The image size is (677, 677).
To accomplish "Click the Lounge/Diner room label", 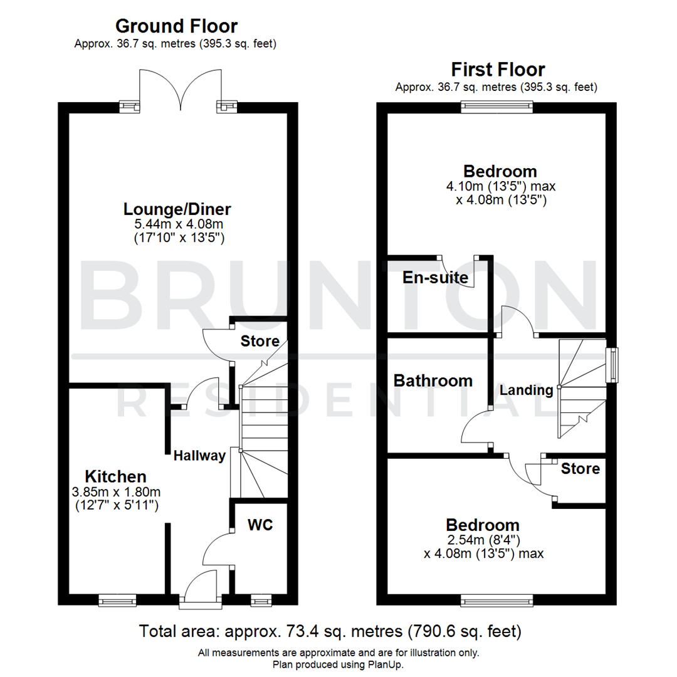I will click(x=178, y=209).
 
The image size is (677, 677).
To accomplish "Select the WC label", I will click(x=260, y=525).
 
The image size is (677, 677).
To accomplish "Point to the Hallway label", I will click(x=199, y=456).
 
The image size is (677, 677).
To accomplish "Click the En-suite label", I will click(x=436, y=277).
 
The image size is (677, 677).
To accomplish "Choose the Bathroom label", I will click(x=433, y=380).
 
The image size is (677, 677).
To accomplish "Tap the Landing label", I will click(x=527, y=390).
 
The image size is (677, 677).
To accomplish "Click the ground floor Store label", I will click(x=260, y=342).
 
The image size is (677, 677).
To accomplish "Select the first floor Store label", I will click(x=580, y=468).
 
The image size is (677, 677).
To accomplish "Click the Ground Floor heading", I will click(x=177, y=26).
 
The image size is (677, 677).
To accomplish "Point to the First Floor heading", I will click(x=498, y=69).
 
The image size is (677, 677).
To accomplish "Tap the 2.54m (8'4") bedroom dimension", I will click(x=483, y=540).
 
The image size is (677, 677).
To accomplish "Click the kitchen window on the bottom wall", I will click(x=117, y=601).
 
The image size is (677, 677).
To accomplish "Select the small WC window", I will click(x=260, y=601).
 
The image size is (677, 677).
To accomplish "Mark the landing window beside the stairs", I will click(x=610, y=365).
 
